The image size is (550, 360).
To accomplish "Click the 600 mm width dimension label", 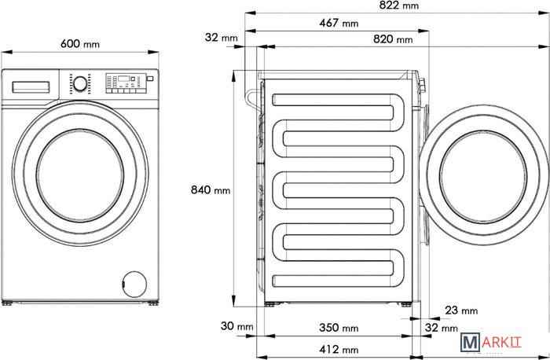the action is (x=80, y=44).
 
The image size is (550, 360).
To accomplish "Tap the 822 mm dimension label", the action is (x=399, y=6).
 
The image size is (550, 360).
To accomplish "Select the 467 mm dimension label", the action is (x=339, y=23).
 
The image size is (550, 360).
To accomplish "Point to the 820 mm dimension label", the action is (x=393, y=39).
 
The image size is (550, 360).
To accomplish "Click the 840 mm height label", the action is (x=211, y=189).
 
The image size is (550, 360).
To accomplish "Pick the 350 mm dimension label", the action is (x=339, y=328).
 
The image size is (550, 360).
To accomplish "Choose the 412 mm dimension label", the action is (x=339, y=350).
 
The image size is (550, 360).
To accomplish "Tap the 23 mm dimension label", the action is (x=461, y=310).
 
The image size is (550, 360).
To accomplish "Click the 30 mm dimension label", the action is (x=236, y=326).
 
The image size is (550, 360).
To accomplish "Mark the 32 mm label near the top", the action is (x=222, y=37).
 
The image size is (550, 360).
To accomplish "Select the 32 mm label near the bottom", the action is (x=442, y=328).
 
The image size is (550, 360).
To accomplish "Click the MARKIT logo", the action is (x=491, y=342).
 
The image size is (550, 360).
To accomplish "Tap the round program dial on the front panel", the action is (x=80, y=84).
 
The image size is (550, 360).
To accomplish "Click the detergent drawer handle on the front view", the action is (x=31, y=87).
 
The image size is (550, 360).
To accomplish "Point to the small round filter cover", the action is (x=134, y=285).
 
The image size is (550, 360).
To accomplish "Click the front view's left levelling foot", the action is (x=6, y=303).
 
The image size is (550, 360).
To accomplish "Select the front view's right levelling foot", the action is (x=153, y=303).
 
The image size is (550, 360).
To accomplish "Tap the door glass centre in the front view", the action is (x=80, y=175).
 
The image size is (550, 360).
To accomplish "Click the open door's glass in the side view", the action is (x=483, y=177).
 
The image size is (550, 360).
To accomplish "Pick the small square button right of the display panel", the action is (x=150, y=79).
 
